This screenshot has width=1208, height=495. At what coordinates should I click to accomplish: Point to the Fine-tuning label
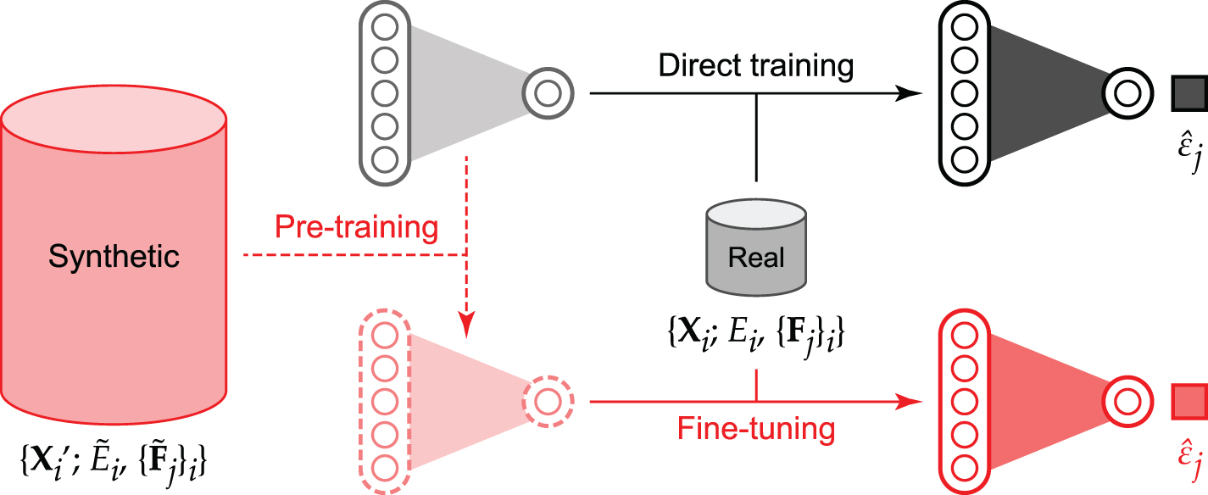756,428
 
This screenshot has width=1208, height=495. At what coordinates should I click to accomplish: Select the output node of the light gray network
548,91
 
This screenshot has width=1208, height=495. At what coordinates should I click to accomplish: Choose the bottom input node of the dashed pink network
385,465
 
